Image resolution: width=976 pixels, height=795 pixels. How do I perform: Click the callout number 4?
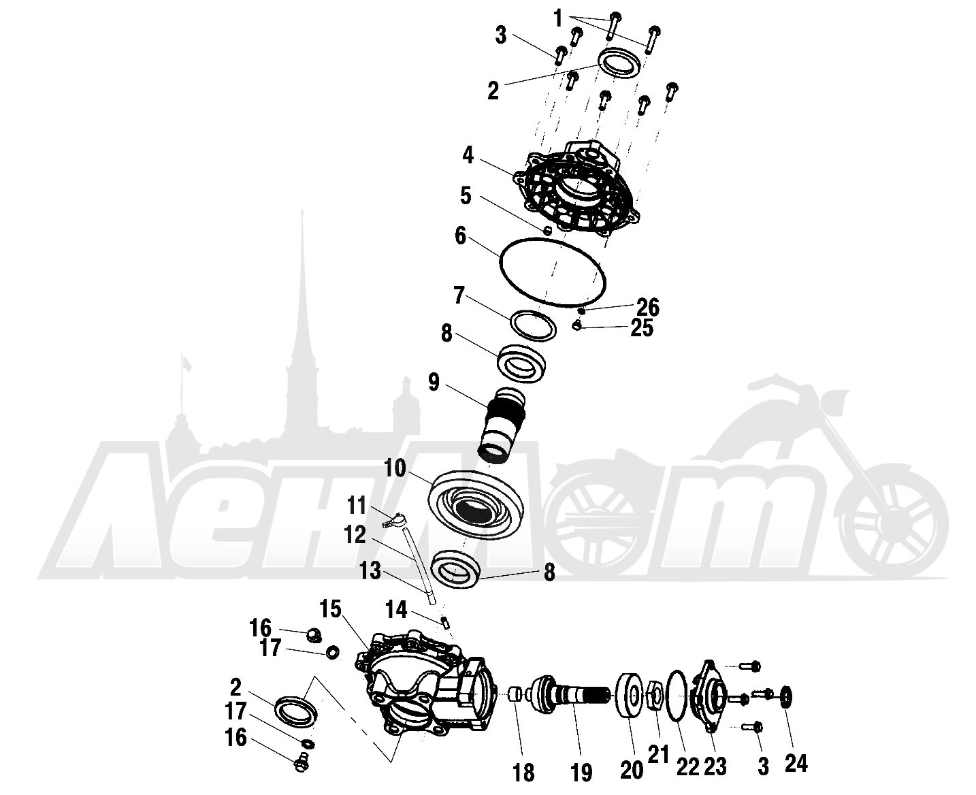(468, 155)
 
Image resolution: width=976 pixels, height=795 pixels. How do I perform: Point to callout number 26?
(647, 307)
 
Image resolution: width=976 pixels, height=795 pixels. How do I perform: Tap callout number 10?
(395, 469)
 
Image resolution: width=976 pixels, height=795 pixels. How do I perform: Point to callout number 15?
(330, 609)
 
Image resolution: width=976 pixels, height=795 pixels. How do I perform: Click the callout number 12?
(355, 534)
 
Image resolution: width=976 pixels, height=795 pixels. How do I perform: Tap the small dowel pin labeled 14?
(444, 623)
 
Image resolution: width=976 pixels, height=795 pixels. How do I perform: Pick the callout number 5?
(466, 195)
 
